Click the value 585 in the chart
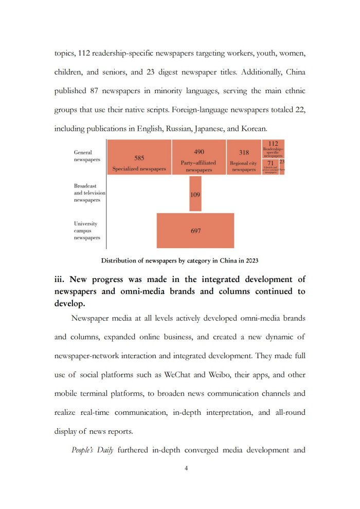click(x=139, y=158)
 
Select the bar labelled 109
click(x=195, y=194)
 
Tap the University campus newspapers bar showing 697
click(x=195, y=231)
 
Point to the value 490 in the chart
click(x=199, y=152)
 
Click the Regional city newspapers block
click(x=244, y=157)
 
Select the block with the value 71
click(x=269, y=164)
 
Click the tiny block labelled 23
click(x=282, y=163)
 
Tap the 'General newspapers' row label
click(x=87, y=156)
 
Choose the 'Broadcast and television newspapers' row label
click(x=89, y=192)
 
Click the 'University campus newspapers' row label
click(x=87, y=231)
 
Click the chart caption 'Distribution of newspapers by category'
click(x=179, y=260)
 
